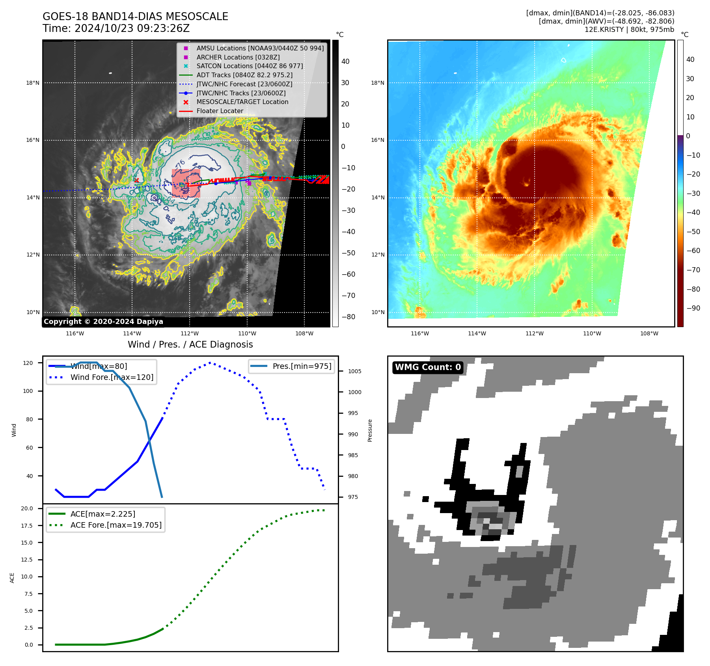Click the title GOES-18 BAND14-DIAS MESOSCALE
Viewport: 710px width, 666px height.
135,17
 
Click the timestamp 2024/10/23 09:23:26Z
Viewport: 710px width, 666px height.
132,29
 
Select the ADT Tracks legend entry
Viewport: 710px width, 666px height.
244,75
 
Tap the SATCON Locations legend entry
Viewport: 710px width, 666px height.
250,66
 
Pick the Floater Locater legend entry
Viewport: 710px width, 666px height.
220,111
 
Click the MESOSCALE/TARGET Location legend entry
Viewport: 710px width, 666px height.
242,102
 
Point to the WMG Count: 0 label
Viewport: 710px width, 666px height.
428,367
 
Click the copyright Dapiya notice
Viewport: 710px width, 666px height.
103,322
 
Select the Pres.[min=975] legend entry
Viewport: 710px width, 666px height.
302,366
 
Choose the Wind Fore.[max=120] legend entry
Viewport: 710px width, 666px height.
112,377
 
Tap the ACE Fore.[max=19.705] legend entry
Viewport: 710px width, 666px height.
116,525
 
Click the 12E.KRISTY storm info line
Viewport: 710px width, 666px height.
629,30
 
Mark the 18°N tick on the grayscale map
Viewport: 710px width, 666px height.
33,83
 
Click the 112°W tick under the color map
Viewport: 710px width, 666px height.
534,333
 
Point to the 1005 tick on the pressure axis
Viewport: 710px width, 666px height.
354,371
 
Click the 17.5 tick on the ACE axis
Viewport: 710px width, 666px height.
27,526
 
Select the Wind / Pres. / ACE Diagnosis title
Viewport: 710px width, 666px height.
190,344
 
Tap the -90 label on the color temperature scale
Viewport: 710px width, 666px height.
693,308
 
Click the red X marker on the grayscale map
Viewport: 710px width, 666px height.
136,180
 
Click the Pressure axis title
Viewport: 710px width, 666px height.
370,430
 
